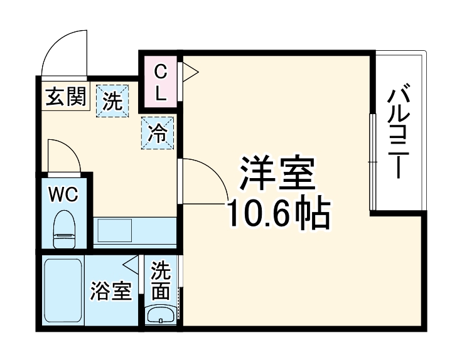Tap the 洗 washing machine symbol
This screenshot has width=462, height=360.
point(112,101)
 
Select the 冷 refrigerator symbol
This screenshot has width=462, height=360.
point(158,134)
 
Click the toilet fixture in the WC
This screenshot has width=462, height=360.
point(64,229)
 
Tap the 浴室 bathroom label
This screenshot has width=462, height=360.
point(110,292)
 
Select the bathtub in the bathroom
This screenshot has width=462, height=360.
point(63,290)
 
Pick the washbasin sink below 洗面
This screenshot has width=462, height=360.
point(161,314)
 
